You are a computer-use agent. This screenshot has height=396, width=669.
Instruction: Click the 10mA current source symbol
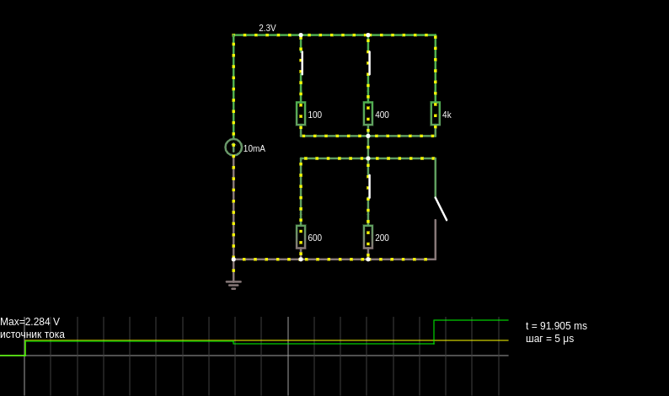[x=233, y=147]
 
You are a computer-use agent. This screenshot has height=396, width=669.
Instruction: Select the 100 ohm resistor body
[x=301, y=114]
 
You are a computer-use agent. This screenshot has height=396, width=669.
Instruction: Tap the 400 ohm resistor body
[x=368, y=114]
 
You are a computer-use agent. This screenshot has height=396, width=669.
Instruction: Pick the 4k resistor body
[x=436, y=114]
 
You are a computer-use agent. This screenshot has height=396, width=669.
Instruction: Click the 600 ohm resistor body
[x=301, y=237]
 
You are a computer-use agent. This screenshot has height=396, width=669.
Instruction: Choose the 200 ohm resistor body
[x=368, y=237]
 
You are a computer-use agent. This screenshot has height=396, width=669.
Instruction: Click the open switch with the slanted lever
[x=441, y=209]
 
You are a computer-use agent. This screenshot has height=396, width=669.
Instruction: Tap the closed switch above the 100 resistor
[x=302, y=63]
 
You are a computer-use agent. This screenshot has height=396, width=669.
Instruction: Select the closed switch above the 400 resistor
[x=369, y=63]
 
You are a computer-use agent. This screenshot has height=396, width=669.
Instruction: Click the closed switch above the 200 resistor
[x=369, y=186]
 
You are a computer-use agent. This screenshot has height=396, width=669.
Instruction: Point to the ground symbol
[x=233, y=284]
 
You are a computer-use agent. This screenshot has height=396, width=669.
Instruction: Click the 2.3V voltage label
[x=267, y=28]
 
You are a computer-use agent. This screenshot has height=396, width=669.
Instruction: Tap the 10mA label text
[x=254, y=148]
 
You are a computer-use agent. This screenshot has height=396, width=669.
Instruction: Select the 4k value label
[x=447, y=115]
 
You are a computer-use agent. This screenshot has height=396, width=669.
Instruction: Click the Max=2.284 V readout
[x=29, y=322]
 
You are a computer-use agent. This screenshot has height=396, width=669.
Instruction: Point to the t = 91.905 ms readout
[x=556, y=326]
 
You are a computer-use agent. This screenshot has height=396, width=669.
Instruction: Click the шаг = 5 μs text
[x=550, y=339]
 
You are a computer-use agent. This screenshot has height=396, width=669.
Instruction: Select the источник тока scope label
[x=32, y=334]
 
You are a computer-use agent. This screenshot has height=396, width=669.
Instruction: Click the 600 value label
[x=315, y=238]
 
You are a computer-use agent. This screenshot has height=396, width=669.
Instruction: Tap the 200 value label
[x=382, y=238]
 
